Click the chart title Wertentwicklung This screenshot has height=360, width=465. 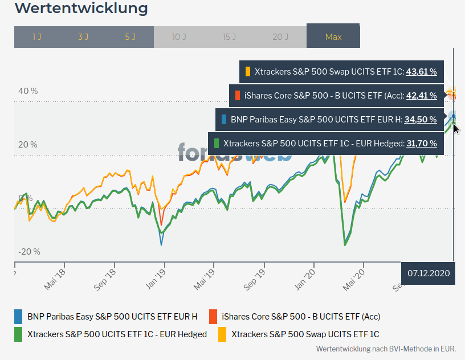(x=81, y=9)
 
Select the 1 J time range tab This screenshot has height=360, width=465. (x=37, y=37)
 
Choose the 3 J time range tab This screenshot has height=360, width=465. (x=83, y=37)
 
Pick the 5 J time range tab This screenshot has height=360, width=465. (x=130, y=37)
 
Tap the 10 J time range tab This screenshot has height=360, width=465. (x=179, y=37)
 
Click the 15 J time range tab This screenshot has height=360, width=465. (x=230, y=37)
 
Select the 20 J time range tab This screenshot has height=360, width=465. (x=280, y=37)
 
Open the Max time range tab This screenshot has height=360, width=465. (x=333, y=37)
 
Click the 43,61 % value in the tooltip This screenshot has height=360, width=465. (x=421, y=72)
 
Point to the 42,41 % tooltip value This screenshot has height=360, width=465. (x=421, y=96)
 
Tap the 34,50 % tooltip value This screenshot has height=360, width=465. (x=421, y=120)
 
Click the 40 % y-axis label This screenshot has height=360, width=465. (x=28, y=91)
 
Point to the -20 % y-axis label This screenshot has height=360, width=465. (x=29, y=252)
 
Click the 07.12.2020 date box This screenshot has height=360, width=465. (x=429, y=273)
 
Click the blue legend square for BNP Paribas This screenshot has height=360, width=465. (x=18, y=317)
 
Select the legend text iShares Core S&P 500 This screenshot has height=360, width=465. (x=301, y=317)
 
